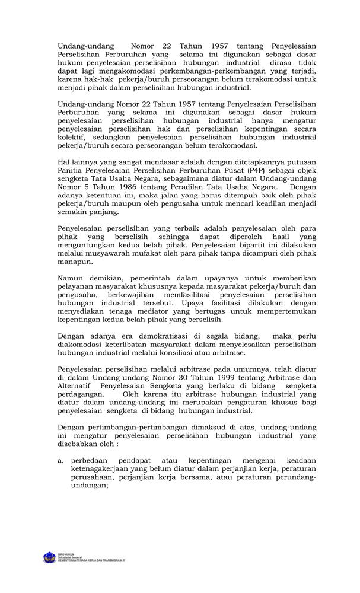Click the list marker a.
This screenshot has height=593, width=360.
click(x=60, y=460)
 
